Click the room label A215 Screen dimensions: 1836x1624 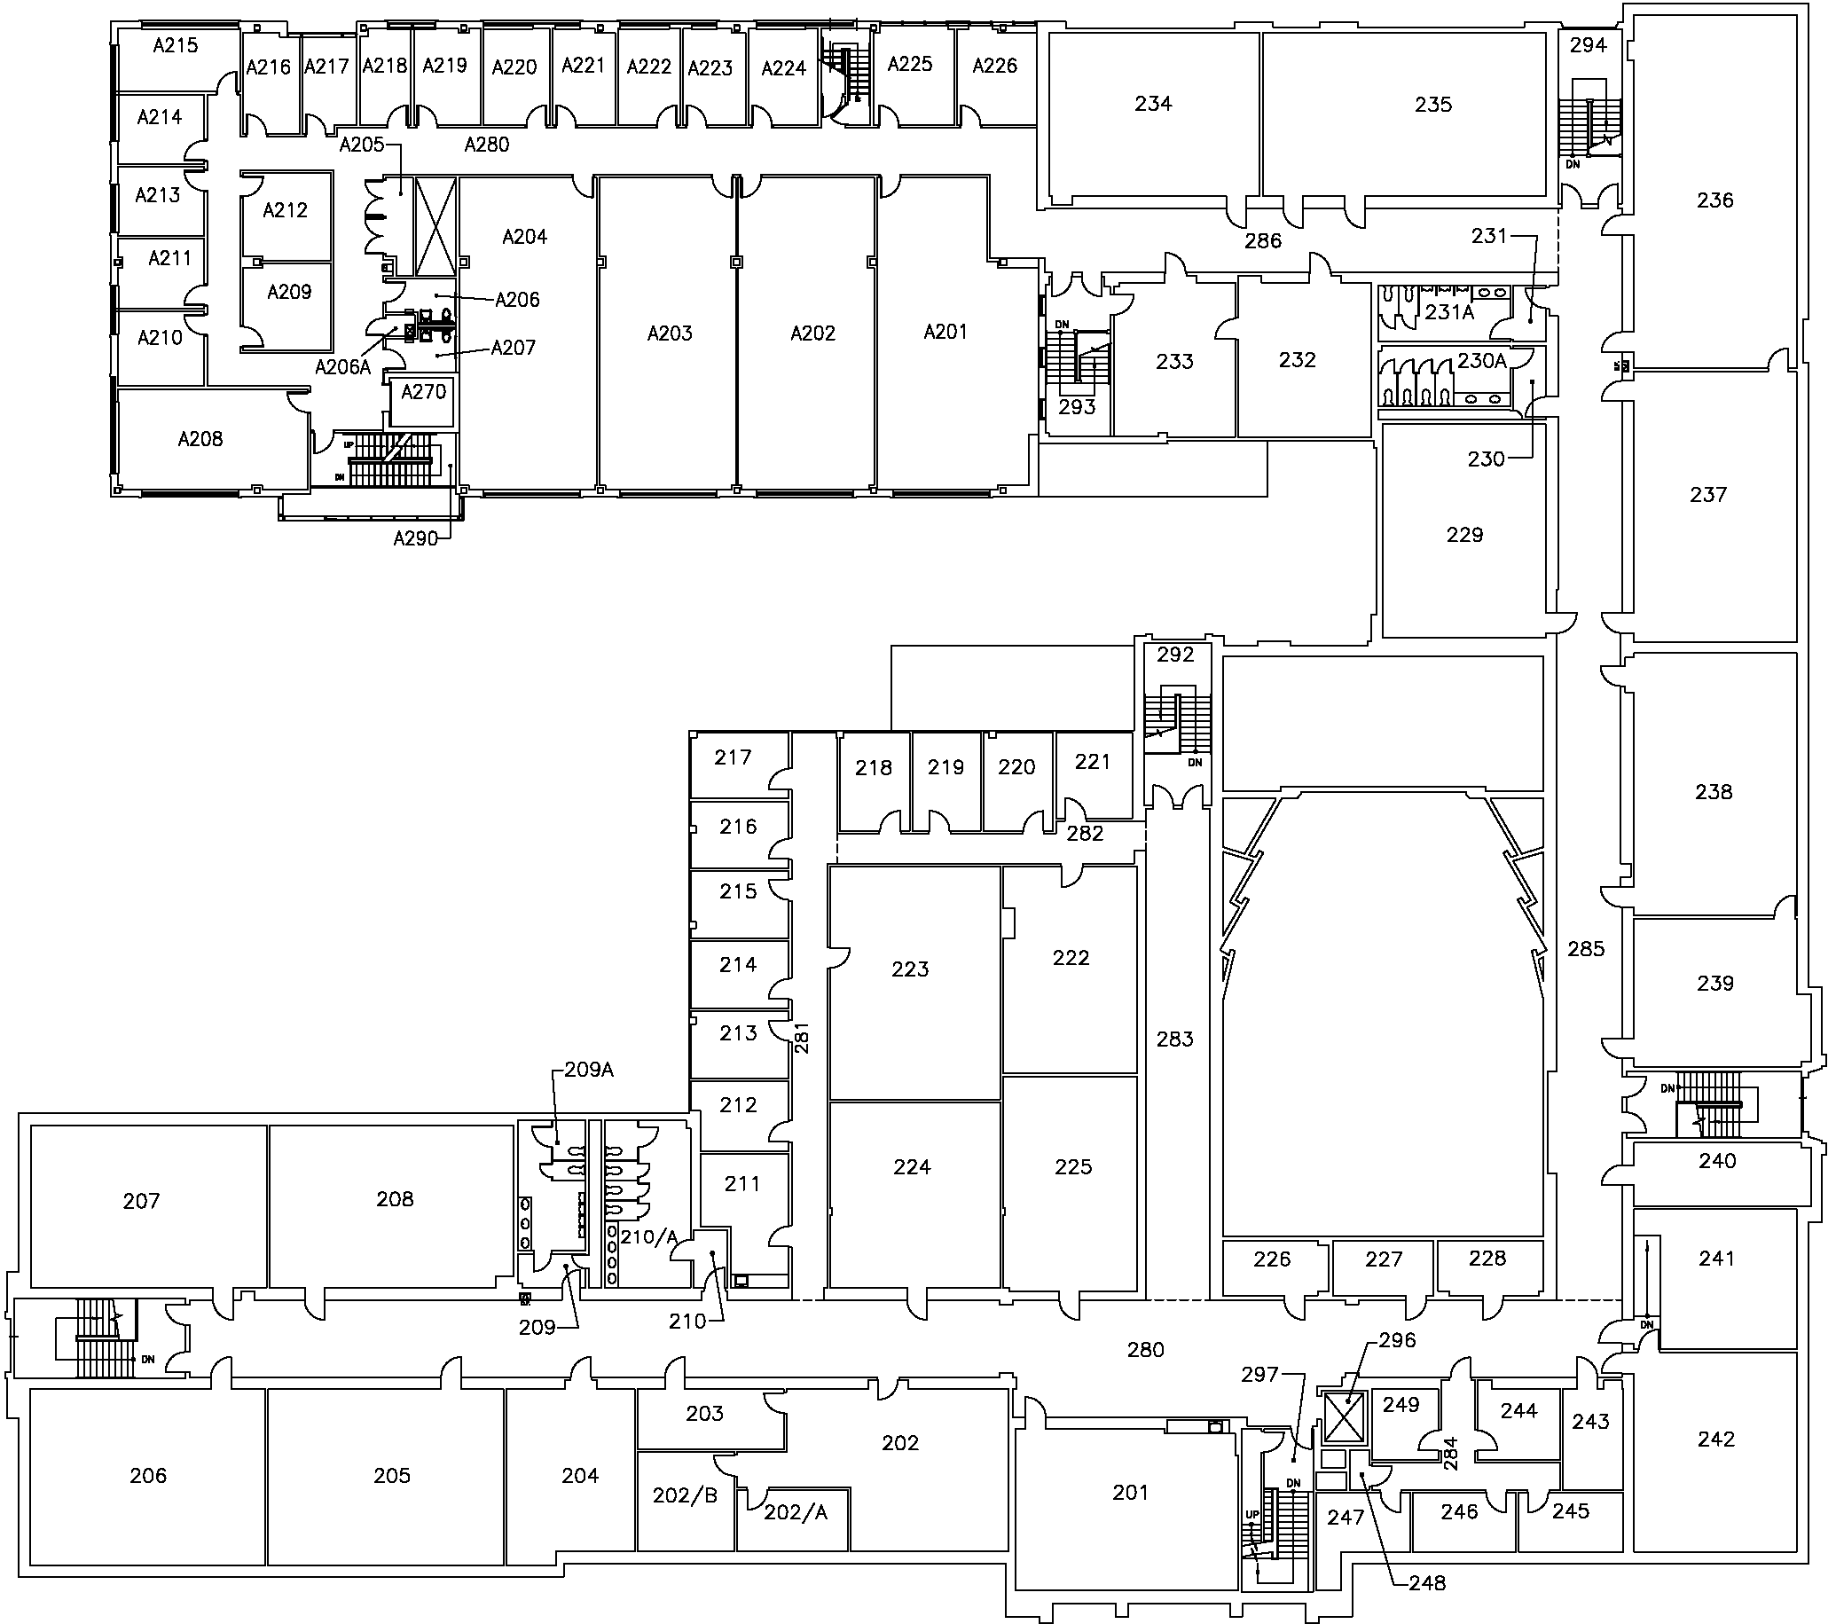pos(175,45)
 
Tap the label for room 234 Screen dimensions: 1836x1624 pos(1153,104)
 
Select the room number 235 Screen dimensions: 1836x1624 pos(1432,104)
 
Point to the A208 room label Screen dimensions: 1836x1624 pos(200,439)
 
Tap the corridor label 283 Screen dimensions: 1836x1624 pos(1175,1040)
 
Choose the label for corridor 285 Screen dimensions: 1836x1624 pos(1585,948)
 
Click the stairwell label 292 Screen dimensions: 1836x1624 pos(1175,655)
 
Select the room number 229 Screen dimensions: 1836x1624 pos(1464,536)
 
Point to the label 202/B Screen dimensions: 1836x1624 pos(686,1495)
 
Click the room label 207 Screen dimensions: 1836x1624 pos(141,1201)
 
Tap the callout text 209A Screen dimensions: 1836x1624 pos(588,1070)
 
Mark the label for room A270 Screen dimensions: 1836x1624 pos(423,392)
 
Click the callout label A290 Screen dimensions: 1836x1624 pos(416,539)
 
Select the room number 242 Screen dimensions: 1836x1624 pos(1715,1440)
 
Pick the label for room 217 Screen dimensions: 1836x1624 pos(733,758)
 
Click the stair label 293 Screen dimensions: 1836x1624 pos(1077,407)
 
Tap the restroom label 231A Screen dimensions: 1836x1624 pos(1450,312)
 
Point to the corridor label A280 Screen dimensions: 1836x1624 pos(487,145)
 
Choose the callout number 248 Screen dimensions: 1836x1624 pos(1427,1582)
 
